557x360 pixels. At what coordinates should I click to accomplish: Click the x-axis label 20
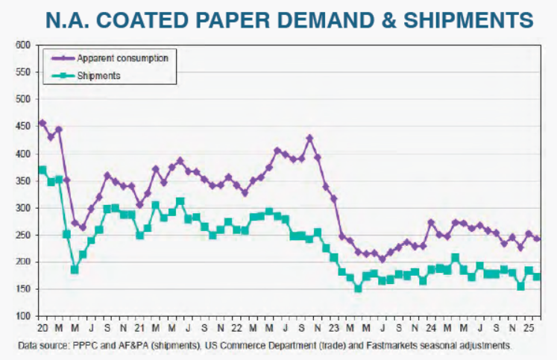pyautogui.click(x=42, y=328)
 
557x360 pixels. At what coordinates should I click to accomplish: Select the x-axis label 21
pyautogui.click(x=139, y=328)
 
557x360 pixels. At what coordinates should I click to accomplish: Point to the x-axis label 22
pyautogui.click(x=236, y=328)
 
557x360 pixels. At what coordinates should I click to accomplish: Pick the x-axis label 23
pyautogui.click(x=333, y=328)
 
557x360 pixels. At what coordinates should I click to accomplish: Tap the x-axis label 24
pyautogui.click(x=431, y=328)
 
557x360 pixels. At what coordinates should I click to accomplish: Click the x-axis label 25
pyautogui.click(x=528, y=328)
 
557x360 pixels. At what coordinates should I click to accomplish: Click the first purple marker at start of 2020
pyautogui.click(x=42, y=123)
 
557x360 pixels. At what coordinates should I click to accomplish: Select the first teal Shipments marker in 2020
pyautogui.click(x=42, y=169)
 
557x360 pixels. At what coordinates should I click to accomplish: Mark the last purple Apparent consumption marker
pyautogui.click(x=537, y=239)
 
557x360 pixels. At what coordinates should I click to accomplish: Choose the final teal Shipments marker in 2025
pyautogui.click(x=537, y=277)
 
